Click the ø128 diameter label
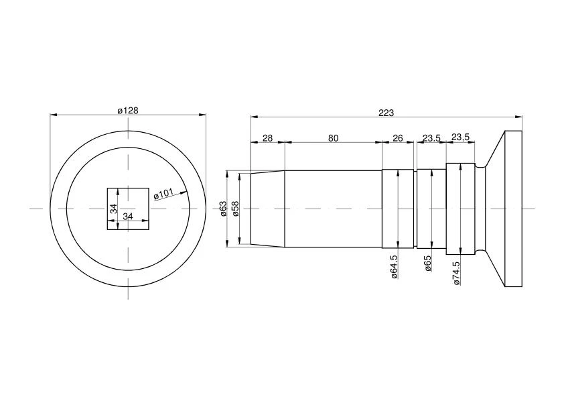(x=128, y=111)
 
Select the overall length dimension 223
(x=386, y=113)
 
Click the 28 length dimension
(x=268, y=138)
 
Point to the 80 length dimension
(x=334, y=138)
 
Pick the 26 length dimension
(x=397, y=138)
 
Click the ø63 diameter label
(x=223, y=209)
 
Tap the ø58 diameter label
(x=236, y=209)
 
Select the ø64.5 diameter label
(x=393, y=267)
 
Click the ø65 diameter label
(x=427, y=264)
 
